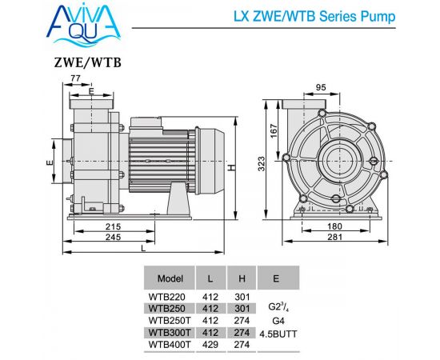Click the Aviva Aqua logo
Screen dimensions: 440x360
pyautogui.click(x=83, y=25)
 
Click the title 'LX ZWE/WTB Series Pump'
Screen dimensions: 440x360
pyautogui.click(x=314, y=17)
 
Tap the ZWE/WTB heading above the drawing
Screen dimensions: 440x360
pyautogui.click(x=88, y=62)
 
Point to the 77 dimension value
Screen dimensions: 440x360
pyautogui.click(x=75, y=78)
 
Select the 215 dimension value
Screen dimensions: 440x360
pyautogui.click(x=113, y=226)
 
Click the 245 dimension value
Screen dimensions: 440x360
pyautogui.click(x=113, y=237)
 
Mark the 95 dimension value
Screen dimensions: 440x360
pyautogui.click(x=321, y=87)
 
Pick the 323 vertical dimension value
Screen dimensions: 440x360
pyautogui.click(x=261, y=163)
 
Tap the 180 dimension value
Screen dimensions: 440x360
pyautogui.click(x=334, y=226)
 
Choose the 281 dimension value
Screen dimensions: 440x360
pyautogui.click(x=334, y=237)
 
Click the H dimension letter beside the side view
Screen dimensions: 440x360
pyautogui.click(x=231, y=168)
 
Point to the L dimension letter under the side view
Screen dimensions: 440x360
pyautogui.click(x=143, y=249)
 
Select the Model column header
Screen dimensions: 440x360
pyautogui.click(x=170, y=278)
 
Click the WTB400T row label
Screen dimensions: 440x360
pyautogui.click(x=170, y=344)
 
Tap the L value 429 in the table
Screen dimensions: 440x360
pyautogui.click(x=210, y=344)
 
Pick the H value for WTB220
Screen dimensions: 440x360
pyautogui.click(x=242, y=297)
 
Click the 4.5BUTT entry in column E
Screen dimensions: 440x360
pyautogui.click(x=278, y=334)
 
